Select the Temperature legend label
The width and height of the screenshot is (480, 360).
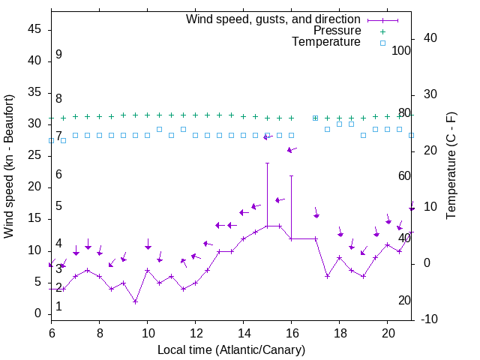(x=326, y=42)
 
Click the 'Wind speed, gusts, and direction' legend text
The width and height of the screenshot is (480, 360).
(x=274, y=19)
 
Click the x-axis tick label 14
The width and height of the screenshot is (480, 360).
(x=244, y=333)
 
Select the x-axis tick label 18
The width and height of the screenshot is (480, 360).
(x=340, y=333)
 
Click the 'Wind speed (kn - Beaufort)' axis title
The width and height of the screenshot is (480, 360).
(x=10, y=166)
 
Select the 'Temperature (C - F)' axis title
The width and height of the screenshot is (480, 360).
(x=451, y=166)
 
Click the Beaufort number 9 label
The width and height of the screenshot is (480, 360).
(x=58, y=55)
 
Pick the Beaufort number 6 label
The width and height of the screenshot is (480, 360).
(x=58, y=175)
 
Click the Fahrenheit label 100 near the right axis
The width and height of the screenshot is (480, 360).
(x=402, y=50)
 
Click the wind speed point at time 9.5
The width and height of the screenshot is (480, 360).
(x=136, y=301)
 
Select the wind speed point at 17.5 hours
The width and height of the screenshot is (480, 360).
(x=328, y=276)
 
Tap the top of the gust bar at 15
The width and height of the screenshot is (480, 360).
(x=268, y=163)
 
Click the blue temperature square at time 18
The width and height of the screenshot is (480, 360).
(x=340, y=124)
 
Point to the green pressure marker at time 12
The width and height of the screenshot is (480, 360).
(x=196, y=115)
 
